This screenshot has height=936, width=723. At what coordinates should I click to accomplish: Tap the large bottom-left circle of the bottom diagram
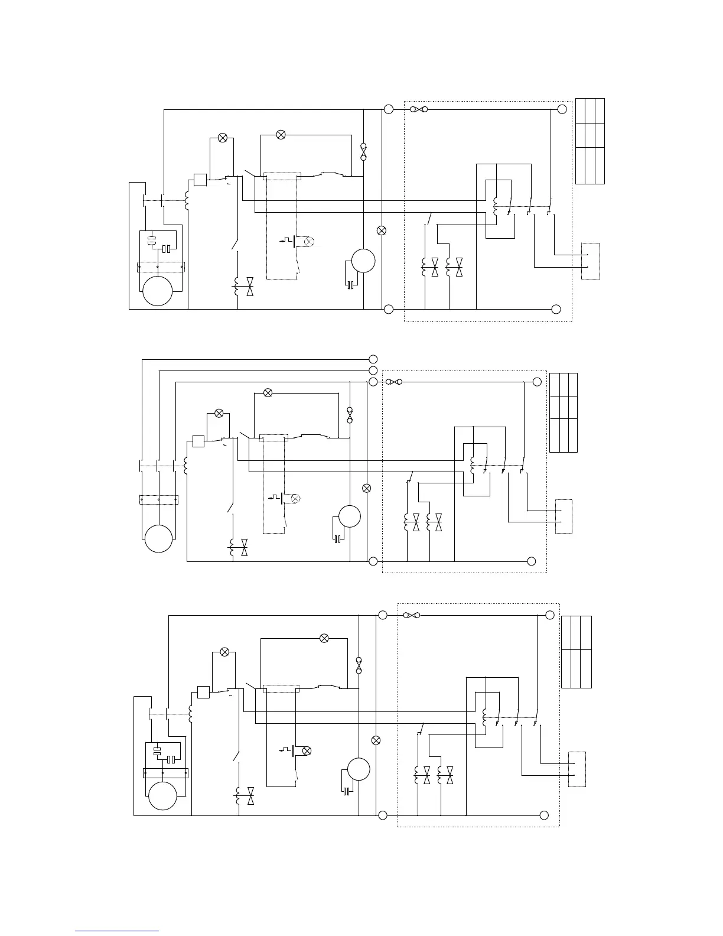tap(162, 795)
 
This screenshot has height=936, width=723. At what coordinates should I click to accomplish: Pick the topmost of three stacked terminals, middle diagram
tap(373, 359)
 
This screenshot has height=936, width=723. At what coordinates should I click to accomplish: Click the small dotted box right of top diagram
tap(591, 261)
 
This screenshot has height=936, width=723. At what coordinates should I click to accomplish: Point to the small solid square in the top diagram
tap(200, 179)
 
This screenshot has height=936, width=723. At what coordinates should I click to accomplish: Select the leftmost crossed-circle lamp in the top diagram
tap(223, 138)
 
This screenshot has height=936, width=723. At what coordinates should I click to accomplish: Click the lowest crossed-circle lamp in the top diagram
tap(382, 230)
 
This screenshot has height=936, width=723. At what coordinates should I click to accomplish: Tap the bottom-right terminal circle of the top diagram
tap(556, 309)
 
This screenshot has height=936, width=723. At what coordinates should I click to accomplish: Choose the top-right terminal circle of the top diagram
tap(562, 109)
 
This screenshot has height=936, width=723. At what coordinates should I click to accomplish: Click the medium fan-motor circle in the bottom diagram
tap(359, 769)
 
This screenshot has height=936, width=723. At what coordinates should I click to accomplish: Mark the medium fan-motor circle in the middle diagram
tap(349, 516)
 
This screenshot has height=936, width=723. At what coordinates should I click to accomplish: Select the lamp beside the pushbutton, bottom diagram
tap(307, 750)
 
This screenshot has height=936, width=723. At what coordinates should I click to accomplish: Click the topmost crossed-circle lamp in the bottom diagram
tap(324, 638)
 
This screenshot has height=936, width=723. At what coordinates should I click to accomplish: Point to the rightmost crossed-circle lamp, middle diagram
tap(366, 488)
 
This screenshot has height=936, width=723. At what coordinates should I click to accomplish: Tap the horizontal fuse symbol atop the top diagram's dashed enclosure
tap(419, 109)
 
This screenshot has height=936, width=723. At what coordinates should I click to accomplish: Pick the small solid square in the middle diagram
tap(198, 441)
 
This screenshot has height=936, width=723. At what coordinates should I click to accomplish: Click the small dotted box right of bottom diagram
tap(577, 769)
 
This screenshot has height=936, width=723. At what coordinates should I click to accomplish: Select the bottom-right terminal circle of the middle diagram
tap(531, 561)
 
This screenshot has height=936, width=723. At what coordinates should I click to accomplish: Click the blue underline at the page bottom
tap(117, 931)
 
